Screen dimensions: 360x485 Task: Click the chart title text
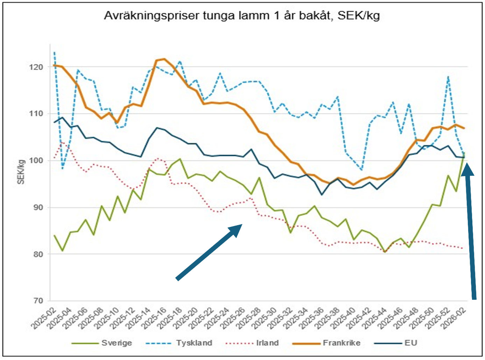click(242, 16)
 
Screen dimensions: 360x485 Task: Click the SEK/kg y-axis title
click(21, 172)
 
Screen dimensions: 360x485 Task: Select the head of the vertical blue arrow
click(468, 170)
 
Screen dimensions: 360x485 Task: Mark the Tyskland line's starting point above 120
click(54, 53)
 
